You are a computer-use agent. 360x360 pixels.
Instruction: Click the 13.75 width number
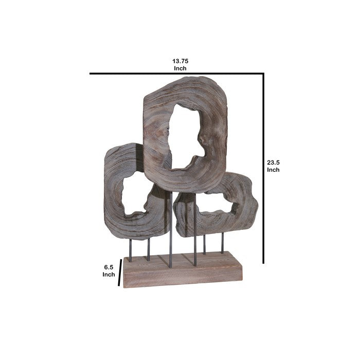click(x=180, y=61)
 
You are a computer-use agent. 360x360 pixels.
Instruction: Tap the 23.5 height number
click(x=273, y=163)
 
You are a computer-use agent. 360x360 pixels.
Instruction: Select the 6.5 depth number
click(x=109, y=267)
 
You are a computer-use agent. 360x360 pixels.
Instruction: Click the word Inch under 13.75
click(x=180, y=68)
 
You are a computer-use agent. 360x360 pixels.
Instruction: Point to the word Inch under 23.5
click(x=273, y=170)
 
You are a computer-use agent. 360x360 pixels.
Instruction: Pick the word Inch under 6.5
click(x=109, y=274)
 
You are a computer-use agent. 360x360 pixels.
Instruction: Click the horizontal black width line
click(x=176, y=74)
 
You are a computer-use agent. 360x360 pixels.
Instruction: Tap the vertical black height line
click(x=263, y=168)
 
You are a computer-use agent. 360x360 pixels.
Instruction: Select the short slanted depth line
click(x=120, y=273)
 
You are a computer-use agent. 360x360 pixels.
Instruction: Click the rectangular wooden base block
click(x=183, y=270)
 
